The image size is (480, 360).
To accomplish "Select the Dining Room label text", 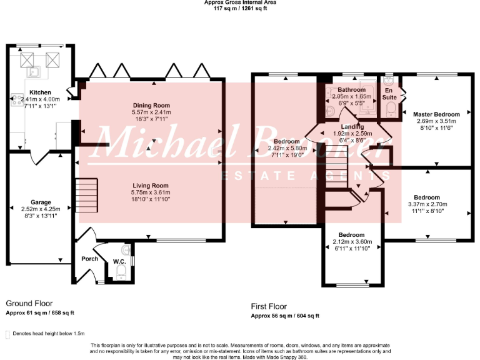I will pyautogui.click(x=151, y=105).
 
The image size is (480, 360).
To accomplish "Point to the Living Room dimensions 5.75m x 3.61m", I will pyautogui.click(x=151, y=192).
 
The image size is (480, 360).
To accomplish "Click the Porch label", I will pyautogui.click(x=89, y=259).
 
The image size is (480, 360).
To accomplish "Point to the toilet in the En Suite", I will pyautogui.click(x=391, y=110).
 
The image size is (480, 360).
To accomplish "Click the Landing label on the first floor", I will pyautogui.click(x=352, y=127).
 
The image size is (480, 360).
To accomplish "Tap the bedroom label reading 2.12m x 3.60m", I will pyautogui.click(x=352, y=242).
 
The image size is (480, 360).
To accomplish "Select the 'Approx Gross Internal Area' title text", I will pyautogui.click(x=240, y=2).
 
